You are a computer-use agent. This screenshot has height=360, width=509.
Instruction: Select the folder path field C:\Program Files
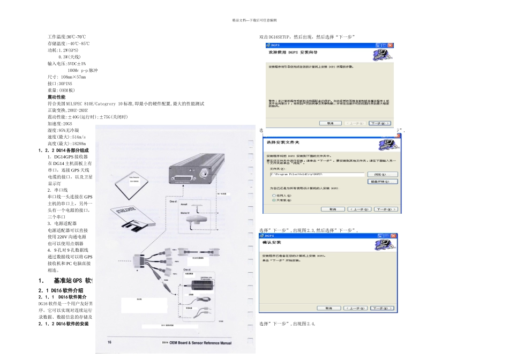coord(317,175)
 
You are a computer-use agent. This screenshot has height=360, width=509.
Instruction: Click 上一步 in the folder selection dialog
coord(360,209)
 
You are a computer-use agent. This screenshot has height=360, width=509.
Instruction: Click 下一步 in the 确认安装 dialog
coord(385,309)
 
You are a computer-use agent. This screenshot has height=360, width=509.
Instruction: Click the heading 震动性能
coord(57,97)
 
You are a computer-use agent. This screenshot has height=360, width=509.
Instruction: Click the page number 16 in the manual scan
coord(110,342)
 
